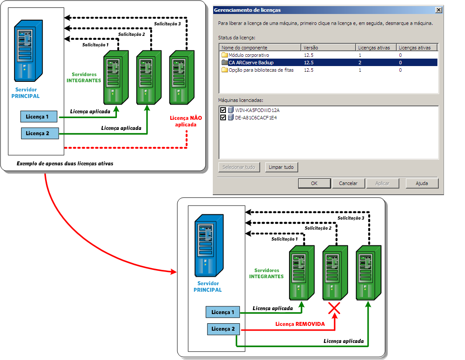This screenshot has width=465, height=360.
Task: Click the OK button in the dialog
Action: (314, 183)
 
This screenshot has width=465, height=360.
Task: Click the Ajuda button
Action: (422, 183)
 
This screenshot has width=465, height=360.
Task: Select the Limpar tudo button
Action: (282, 167)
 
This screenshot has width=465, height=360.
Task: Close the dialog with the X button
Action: (438, 10)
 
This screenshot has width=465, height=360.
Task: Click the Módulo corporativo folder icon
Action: (225, 55)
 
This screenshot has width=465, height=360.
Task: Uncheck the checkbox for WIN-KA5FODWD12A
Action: (223, 110)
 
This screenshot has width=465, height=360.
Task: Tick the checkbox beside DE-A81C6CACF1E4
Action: (223, 118)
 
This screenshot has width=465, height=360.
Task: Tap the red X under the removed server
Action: (335, 309)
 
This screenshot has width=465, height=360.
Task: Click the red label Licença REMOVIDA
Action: (300, 324)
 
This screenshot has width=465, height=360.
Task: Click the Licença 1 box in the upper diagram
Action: (40, 117)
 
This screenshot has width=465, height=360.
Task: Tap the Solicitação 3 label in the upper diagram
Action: (167, 24)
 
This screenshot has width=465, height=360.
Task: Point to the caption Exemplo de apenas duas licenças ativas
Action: (64, 164)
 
